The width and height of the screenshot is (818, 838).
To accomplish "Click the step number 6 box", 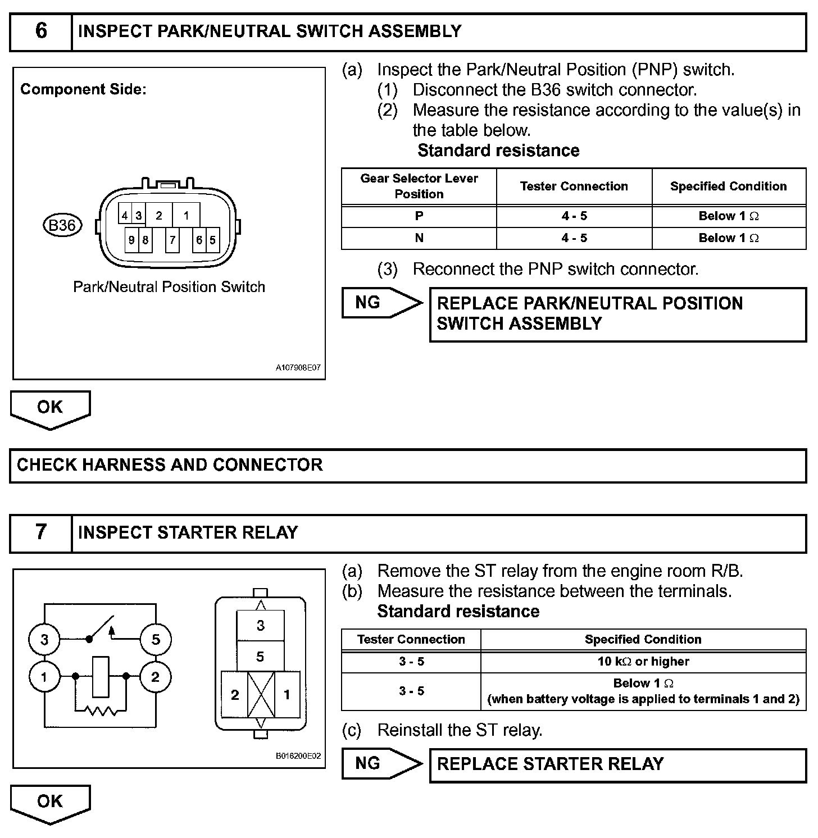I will (41, 31).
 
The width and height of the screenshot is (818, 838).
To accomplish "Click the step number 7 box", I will (41, 532).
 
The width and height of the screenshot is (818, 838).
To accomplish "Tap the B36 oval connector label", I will (62, 226).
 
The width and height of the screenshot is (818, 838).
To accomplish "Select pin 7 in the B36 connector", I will (172, 240).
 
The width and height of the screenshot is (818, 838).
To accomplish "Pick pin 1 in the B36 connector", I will (186, 215).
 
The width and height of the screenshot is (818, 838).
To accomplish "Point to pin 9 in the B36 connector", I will (131, 240).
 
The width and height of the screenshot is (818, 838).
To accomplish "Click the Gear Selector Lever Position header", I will (419, 186).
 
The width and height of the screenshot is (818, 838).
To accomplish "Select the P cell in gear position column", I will (419, 216).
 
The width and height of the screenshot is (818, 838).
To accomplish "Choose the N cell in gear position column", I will (419, 238).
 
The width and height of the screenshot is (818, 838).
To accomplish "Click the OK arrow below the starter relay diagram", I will (50, 803).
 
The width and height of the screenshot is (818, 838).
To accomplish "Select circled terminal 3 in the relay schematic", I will (44, 639).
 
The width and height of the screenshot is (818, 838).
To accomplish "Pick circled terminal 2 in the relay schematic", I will (156, 677).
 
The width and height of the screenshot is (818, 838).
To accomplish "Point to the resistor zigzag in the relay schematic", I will (101, 711).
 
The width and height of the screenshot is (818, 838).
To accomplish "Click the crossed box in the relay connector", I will (261, 694).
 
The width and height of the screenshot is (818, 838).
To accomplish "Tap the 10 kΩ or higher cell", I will (643, 662).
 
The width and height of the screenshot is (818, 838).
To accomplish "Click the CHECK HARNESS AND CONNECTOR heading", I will (170, 465).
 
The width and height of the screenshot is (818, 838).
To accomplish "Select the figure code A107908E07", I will (298, 368).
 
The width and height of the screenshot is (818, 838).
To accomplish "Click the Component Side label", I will (83, 89).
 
